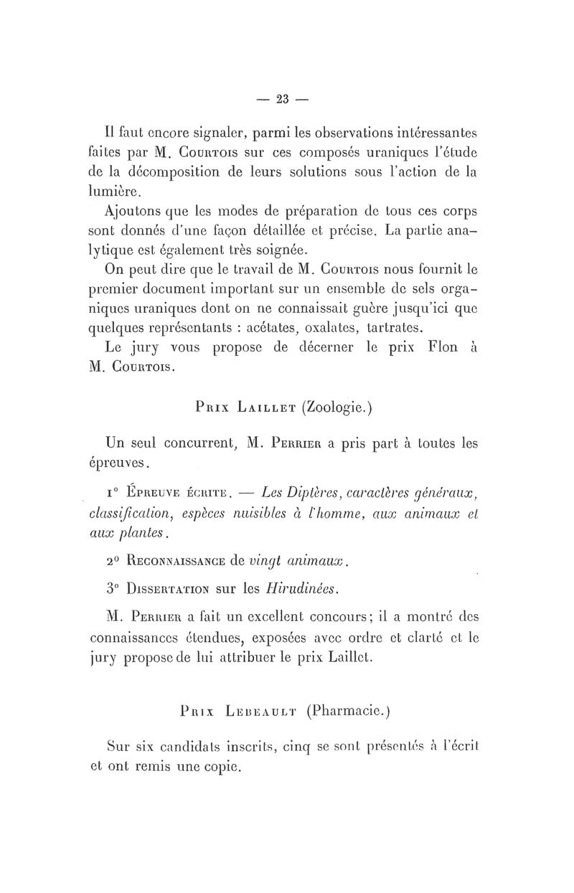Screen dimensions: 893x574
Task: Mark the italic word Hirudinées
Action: coord(302,590)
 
